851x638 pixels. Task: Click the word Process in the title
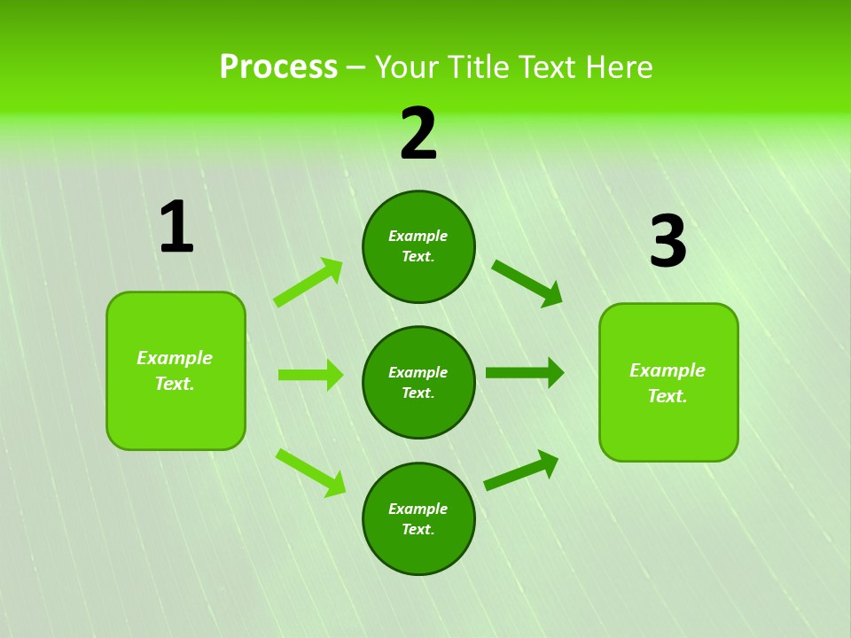click(x=278, y=67)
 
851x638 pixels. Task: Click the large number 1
click(x=176, y=228)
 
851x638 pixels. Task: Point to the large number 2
click(x=418, y=135)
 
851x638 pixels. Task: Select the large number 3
click(x=668, y=242)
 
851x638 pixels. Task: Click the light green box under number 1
click(x=176, y=370)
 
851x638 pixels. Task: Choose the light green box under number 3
click(x=668, y=383)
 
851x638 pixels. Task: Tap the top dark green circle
click(x=418, y=246)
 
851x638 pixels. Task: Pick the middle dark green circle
click(x=418, y=382)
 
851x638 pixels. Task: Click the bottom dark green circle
click(x=418, y=518)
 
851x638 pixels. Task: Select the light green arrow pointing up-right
click(x=308, y=283)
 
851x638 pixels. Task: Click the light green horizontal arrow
click(x=310, y=375)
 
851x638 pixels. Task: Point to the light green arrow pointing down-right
click(x=310, y=472)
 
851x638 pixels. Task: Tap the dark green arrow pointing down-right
click(x=527, y=283)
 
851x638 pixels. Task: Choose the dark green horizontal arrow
click(x=525, y=373)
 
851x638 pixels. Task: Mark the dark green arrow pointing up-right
click(x=522, y=471)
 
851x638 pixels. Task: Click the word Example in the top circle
click(x=418, y=237)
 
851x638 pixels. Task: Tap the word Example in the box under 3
click(x=668, y=370)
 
